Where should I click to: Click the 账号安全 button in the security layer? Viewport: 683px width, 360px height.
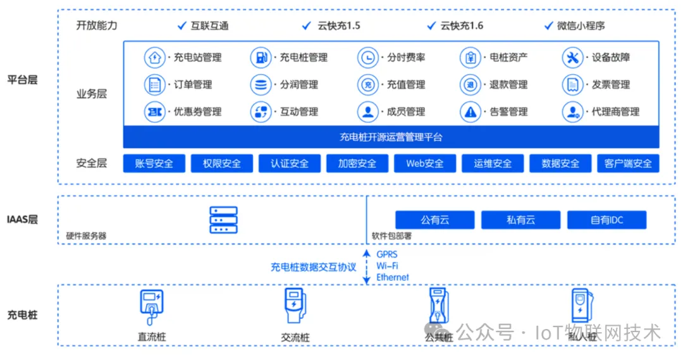154,163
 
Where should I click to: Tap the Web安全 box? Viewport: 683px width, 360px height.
425,163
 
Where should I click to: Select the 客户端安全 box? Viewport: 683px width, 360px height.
628,163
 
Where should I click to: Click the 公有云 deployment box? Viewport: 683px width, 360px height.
434,220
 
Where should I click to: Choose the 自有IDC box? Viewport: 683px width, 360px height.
606,220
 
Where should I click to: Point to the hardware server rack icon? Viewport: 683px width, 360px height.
223,220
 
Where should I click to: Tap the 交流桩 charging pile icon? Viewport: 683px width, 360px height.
294,306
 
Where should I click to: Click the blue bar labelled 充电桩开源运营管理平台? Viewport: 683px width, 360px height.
391,137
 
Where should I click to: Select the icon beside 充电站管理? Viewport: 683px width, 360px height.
154,58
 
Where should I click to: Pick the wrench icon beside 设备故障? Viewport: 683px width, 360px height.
572,58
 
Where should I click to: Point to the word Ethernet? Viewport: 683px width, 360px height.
393,277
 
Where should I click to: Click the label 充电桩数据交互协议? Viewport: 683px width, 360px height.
314,267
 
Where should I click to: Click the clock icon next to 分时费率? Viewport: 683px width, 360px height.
367,58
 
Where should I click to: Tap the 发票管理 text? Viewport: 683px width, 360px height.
611,85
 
